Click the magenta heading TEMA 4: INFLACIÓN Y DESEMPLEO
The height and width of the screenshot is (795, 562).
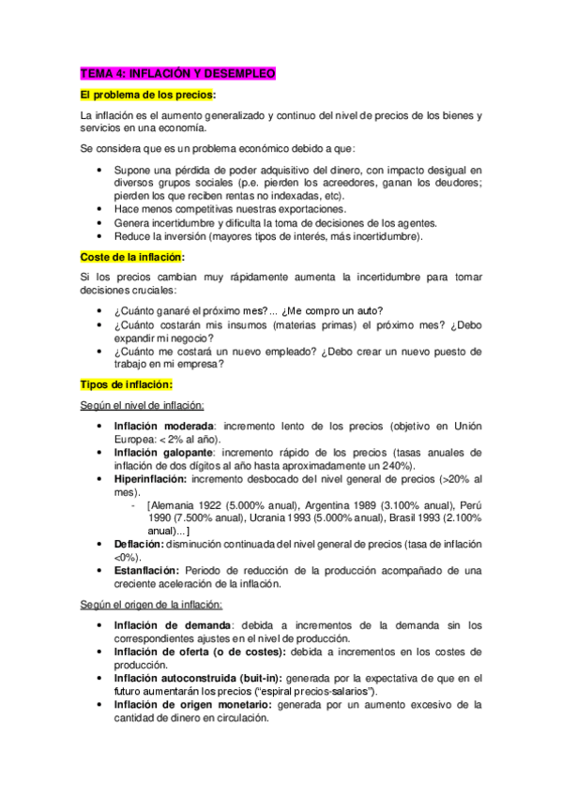[x=177, y=73]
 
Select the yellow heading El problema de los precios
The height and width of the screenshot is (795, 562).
[x=148, y=95]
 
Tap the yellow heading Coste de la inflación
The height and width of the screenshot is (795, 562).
[x=132, y=256]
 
